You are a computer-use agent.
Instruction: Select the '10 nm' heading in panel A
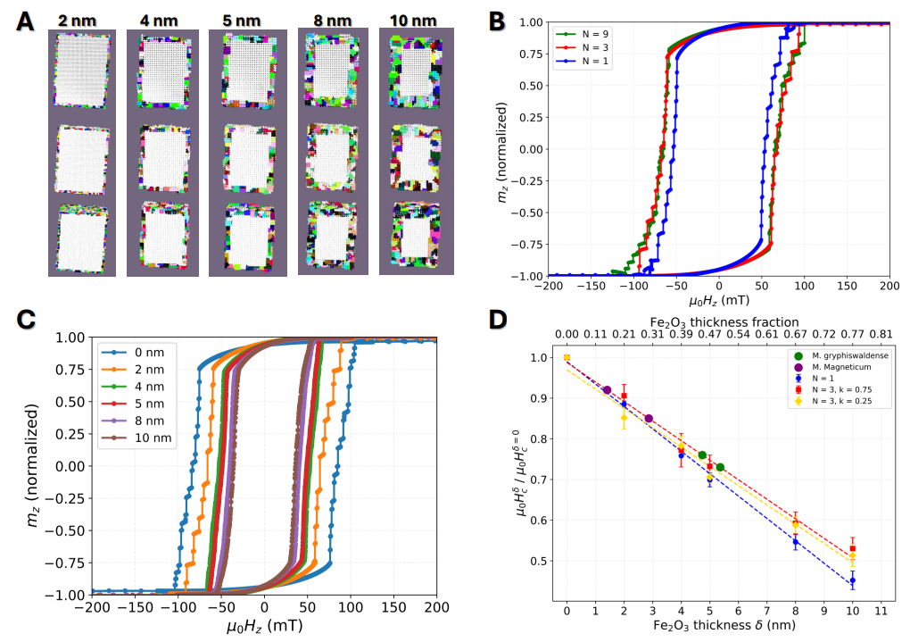(x=414, y=20)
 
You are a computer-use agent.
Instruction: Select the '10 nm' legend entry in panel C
(x=153, y=438)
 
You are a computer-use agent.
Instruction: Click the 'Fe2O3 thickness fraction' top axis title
(x=724, y=321)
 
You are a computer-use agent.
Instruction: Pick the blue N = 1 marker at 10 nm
(x=853, y=580)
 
